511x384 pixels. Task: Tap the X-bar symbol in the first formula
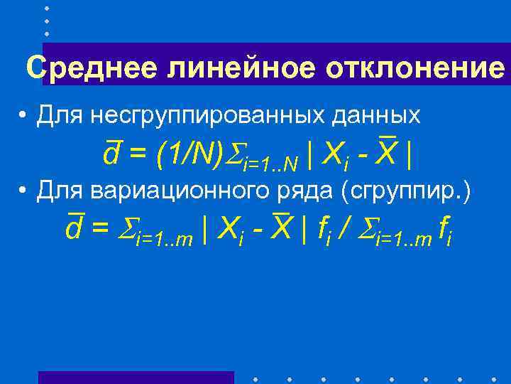386,150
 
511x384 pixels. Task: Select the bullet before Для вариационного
23,191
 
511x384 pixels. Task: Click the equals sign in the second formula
101,229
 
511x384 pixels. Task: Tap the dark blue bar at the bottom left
136,377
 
